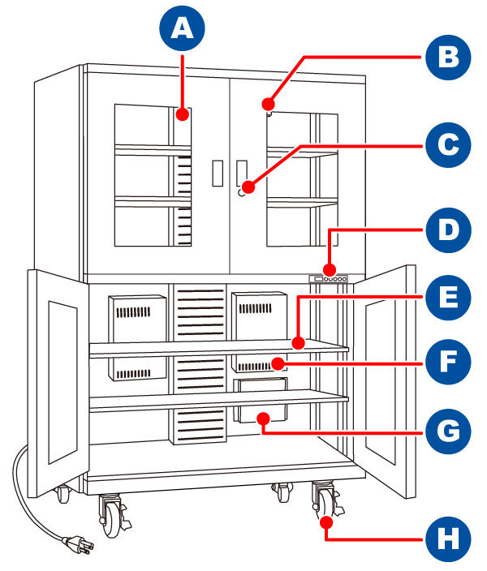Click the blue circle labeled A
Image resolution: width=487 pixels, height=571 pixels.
(182, 30)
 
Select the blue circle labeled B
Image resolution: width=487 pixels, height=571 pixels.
(447, 58)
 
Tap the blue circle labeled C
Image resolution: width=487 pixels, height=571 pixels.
(447, 146)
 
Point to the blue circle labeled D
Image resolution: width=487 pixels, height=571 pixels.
(447, 230)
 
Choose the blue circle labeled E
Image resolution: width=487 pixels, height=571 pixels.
(447, 298)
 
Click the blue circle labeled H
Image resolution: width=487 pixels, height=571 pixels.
(447, 538)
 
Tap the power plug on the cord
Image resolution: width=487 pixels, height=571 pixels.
(81, 545)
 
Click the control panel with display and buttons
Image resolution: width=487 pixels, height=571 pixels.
(328, 278)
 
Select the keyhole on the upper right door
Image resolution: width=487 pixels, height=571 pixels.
(241, 194)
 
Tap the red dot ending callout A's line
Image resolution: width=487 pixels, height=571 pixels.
(183, 114)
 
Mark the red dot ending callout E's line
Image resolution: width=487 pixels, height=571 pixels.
(299, 344)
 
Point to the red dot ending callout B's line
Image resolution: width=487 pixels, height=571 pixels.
(268, 104)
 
